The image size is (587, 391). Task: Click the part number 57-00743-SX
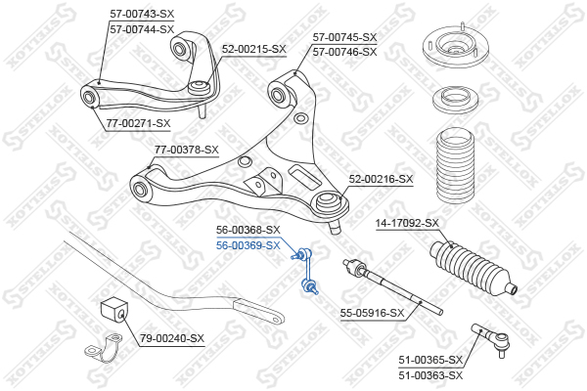coord(142,14)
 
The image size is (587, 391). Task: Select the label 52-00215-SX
coord(253,49)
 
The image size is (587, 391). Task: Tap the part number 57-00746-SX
coord(344,52)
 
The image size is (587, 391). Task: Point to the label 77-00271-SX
coord(138,123)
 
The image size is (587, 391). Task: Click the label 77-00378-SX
coord(187,150)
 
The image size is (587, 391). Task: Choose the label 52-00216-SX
coord(381,179)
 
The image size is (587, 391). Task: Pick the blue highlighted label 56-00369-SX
coord(248,245)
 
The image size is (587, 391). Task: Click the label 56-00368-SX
coord(248,230)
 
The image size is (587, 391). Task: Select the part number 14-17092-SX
coord(407,223)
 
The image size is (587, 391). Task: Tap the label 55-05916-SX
coord(372,313)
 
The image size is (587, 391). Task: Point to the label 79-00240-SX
coord(172,338)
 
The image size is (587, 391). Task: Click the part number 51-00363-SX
coord(430,375)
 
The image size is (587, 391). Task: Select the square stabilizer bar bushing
coord(114,310)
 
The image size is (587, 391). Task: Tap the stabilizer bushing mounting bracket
coord(104,349)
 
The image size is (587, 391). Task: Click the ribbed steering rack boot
coord(473,268)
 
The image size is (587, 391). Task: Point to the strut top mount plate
coord(456,46)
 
